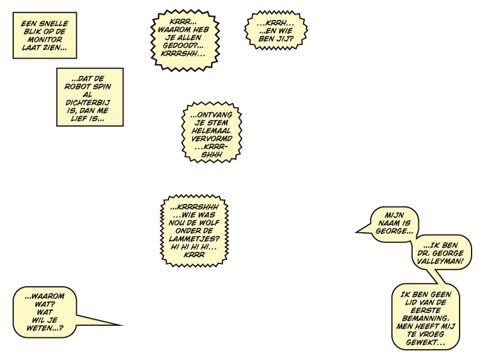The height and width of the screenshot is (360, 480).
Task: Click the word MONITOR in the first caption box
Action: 44,40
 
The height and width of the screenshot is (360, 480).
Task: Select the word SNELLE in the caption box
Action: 54,23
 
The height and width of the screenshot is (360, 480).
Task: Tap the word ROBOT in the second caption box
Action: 76,86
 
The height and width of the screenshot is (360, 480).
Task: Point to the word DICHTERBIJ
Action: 88,103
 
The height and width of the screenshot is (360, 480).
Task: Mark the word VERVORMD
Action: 212,139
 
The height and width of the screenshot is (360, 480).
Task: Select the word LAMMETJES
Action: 194,238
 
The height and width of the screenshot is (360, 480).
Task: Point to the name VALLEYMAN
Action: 440,261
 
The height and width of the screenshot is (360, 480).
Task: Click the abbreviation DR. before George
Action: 423,253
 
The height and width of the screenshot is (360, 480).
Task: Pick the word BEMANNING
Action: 425,319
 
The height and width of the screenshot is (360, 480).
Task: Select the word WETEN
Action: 42,328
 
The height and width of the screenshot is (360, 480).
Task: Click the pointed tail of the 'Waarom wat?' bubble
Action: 122,325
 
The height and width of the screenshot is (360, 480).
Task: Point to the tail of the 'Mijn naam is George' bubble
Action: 356,232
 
